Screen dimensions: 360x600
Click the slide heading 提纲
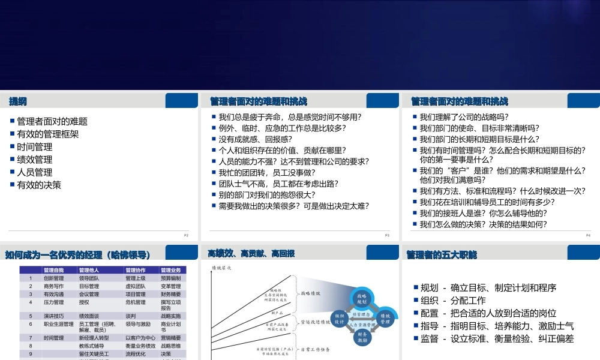tap(17, 101)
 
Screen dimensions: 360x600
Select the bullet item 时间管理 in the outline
tap(35, 146)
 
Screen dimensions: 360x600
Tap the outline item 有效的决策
tap(39, 185)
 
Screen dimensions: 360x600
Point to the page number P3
tap(387, 235)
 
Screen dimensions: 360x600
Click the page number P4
tap(589, 235)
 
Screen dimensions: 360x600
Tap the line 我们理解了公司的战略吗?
tap(464, 117)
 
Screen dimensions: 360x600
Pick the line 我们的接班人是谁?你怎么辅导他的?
tap(483, 213)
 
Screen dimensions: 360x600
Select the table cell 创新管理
tap(54, 278)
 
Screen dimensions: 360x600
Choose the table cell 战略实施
tap(171, 315)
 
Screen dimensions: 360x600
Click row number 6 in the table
tap(30, 324)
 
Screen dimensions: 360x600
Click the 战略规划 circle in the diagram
tap(362, 299)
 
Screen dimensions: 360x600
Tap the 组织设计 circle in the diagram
tap(340, 318)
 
